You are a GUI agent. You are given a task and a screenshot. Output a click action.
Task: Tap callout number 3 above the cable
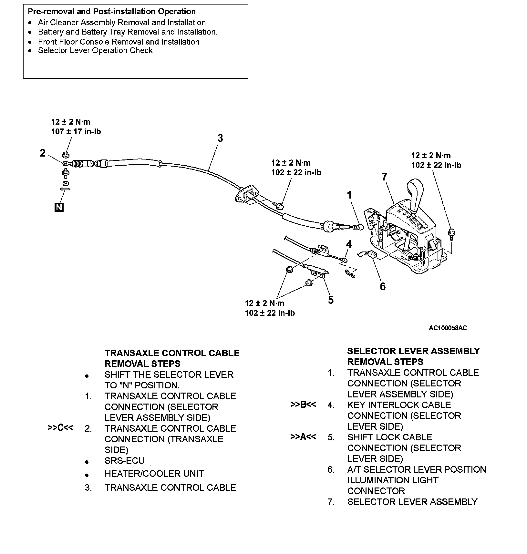click(220, 138)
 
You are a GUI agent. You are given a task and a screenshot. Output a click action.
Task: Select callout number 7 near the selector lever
click(384, 177)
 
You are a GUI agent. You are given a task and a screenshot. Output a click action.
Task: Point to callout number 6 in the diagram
click(383, 286)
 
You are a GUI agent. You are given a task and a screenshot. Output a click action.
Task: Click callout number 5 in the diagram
click(331, 300)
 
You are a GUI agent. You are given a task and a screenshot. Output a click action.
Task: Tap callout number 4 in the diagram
click(349, 244)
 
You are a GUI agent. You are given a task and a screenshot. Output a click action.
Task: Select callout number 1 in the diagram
click(349, 195)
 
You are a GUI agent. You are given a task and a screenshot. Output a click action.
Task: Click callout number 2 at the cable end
click(43, 153)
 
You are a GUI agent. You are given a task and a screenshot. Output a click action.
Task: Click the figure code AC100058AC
click(448, 328)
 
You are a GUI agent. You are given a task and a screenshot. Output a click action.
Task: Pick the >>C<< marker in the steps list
click(60, 428)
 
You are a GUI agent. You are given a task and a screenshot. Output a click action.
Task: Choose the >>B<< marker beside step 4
click(303, 405)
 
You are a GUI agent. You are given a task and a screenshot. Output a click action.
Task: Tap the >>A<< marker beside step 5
click(303, 437)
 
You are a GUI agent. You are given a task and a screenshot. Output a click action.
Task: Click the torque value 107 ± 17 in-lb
click(76, 132)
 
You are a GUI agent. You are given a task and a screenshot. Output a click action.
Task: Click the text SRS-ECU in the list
click(125, 461)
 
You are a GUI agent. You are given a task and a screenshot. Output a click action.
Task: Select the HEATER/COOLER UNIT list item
click(154, 474)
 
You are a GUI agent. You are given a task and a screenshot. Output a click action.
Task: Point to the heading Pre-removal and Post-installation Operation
click(112, 12)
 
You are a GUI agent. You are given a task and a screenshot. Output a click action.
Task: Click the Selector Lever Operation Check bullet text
click(95, 51)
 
